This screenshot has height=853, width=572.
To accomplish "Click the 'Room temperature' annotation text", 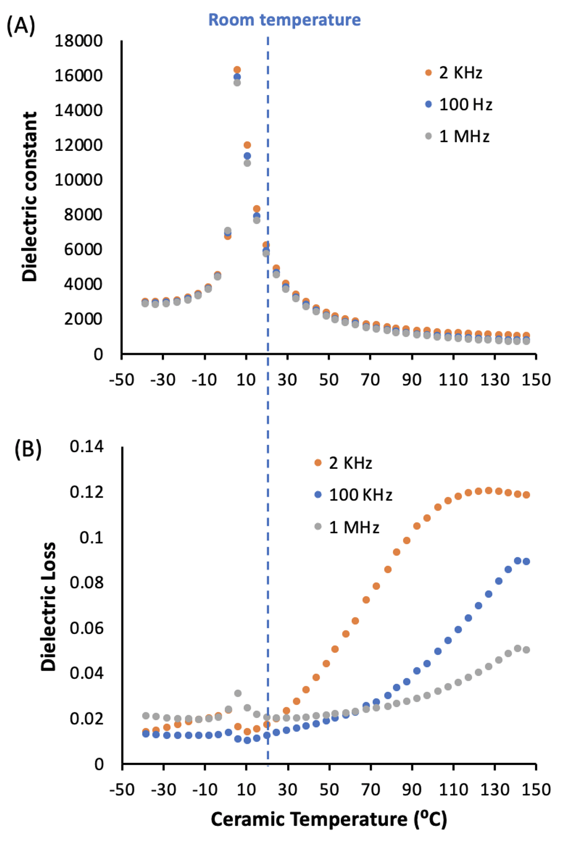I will [284, 20].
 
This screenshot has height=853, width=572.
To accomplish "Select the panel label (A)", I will [21, 26].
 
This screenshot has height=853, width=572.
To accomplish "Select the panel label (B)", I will [28, 449].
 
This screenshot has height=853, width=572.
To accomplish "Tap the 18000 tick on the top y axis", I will [78, 41].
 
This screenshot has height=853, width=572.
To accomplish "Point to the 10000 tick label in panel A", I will [78, 180].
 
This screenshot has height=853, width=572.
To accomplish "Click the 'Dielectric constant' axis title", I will [30, 196].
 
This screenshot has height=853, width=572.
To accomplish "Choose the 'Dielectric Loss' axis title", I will [48, 607].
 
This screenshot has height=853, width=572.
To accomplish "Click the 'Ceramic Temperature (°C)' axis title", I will [328, 819].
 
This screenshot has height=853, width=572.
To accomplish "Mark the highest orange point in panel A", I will [237, 70].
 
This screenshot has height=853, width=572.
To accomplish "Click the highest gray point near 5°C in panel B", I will [238, 693].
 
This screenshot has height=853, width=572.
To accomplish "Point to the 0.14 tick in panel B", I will [86, 446].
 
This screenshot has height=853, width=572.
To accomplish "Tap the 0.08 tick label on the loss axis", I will [86, 582].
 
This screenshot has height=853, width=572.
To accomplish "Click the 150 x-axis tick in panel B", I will [536, 790].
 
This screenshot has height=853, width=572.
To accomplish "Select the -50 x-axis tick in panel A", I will [122, 379].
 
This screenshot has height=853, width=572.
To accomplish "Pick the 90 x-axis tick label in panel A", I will [412, 379].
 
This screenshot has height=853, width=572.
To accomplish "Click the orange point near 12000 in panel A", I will [247, 145].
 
